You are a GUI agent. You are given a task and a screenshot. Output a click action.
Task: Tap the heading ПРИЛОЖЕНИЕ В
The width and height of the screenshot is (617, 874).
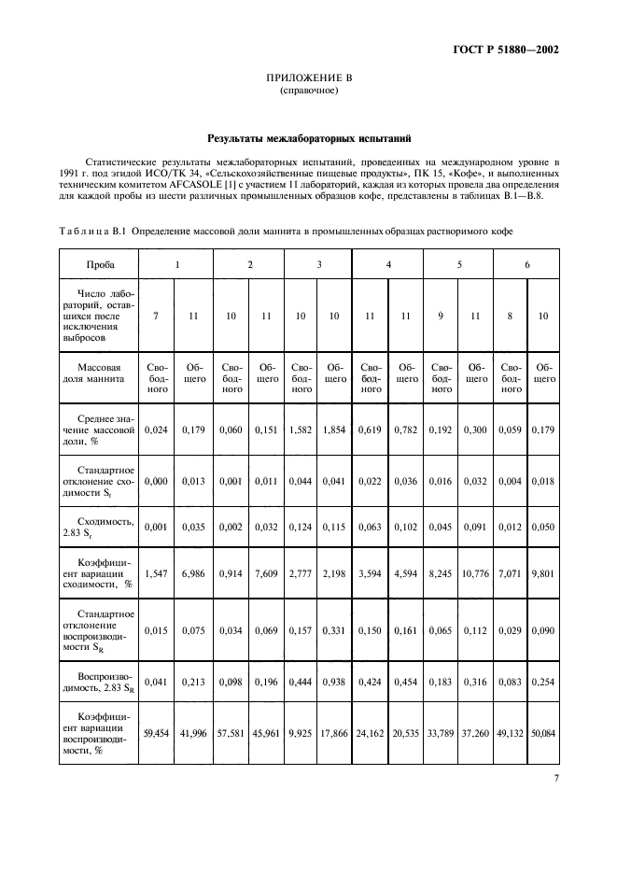308,79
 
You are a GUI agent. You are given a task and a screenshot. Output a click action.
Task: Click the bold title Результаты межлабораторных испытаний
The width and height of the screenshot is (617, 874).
308,137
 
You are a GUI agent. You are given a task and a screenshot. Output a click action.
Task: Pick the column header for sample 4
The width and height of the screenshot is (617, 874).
387,264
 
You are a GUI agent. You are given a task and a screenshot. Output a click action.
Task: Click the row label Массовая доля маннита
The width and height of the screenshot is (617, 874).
99,374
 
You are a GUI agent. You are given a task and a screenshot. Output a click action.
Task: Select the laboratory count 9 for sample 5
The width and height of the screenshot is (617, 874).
441,317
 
